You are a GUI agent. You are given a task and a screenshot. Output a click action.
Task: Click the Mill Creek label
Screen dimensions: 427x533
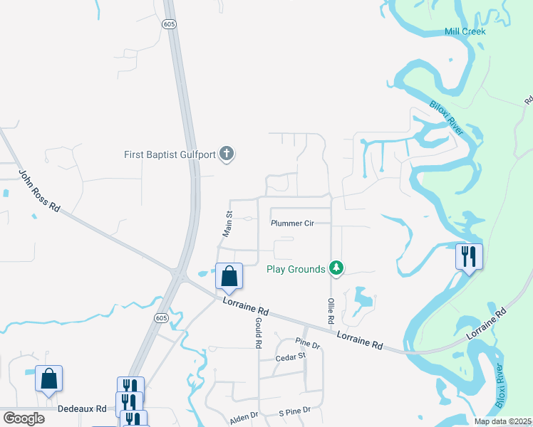(465, 31)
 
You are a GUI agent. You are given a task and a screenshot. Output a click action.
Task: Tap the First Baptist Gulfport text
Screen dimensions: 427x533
(171, 154)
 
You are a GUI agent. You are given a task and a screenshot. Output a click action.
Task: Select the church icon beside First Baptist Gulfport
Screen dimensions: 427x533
(227, 154)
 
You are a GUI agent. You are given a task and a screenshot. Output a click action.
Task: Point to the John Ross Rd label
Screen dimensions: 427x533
(39, 191)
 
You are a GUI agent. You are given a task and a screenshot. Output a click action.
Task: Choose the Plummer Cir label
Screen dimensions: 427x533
(292, 223)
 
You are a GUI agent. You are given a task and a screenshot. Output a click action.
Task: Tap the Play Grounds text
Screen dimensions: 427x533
(296, 269)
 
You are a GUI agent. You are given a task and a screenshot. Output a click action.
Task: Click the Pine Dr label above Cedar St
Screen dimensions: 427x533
(308, 344)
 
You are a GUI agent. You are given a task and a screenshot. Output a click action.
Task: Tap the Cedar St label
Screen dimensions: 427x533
(290, 356)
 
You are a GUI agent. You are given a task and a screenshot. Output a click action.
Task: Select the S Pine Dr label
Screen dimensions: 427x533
(294, 411)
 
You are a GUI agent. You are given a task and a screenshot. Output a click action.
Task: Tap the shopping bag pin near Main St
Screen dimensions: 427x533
(229, 276)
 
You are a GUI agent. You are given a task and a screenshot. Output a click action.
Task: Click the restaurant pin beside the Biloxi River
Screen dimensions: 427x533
(469, 256)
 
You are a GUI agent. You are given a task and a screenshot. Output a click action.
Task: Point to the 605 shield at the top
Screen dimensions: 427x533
(169, 23)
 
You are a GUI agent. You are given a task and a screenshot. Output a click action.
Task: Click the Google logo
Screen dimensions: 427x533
(24, 418)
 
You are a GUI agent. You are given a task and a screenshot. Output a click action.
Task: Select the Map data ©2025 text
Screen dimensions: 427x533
(502, 421)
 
